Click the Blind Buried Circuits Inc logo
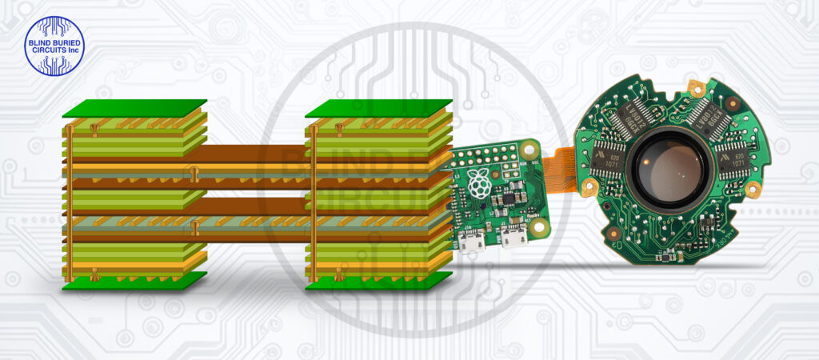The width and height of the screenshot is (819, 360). click(54, 46)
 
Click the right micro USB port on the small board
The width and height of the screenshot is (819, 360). click(510, 236)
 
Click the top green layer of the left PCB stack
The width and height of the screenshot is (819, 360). click(134, 109)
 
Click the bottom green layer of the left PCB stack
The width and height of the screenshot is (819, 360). click(134, 281)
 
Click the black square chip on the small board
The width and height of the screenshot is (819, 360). click(503, 197)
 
